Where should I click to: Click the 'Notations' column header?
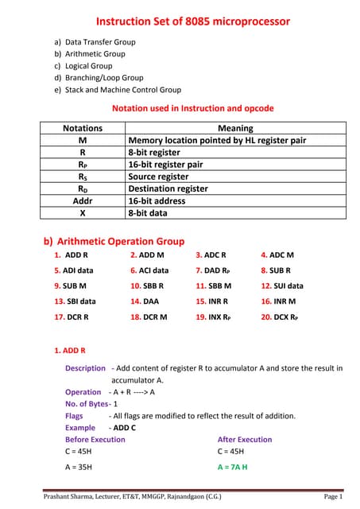click(x=82, y=128)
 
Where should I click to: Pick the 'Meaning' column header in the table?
click(x=235, y=128)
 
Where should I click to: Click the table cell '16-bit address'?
click(x=163, y=202)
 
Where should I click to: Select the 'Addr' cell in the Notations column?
click(x=82, y=202)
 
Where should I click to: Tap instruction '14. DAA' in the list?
click(x=145, y=301)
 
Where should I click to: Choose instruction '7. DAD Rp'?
click(x=213, y=270)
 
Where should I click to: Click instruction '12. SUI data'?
click(x=282, y=286)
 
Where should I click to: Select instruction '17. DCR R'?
click(x=72, y=317)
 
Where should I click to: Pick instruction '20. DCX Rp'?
click(x=281, y=317)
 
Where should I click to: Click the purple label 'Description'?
click(x=85, y=368)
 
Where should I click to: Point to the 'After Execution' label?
click(x=245, y=439)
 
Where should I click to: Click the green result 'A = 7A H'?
click(x=233, y=467)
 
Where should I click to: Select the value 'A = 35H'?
click(x=80, y=467)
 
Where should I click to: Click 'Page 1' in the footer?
click(x=332, y=497)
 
